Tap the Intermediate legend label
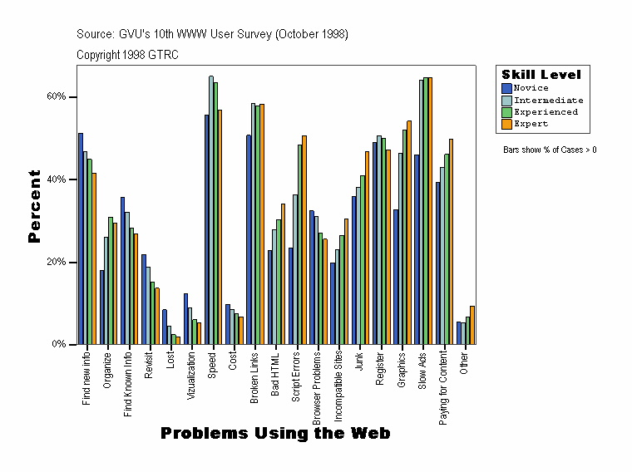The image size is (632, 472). pos(548,100)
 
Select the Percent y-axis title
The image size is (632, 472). pos(34,206)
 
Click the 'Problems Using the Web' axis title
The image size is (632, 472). pos(275,434)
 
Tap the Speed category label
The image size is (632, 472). pos(213,363)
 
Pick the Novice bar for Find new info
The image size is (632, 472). pos(81,238)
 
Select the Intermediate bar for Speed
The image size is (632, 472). pos(210,210)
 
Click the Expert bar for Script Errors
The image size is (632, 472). pos(304,239)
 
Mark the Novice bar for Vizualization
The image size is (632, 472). pos(185,318)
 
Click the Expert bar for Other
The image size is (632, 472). pos(472,325)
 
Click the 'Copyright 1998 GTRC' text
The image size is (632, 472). pos(127,55)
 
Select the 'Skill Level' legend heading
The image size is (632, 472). pos(541,75)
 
